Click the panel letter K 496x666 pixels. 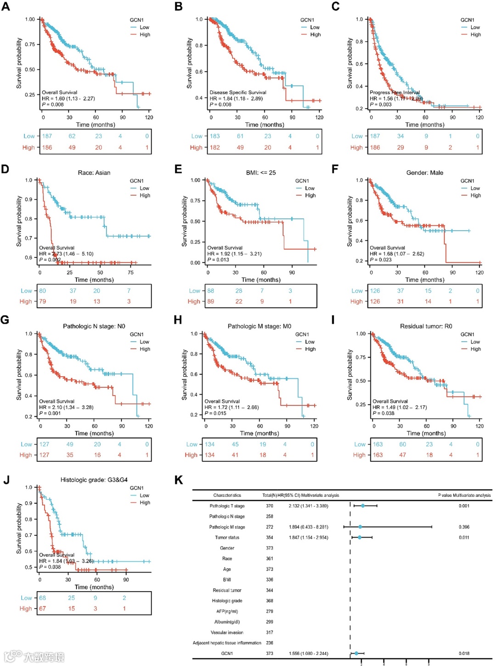[x=179, y=480]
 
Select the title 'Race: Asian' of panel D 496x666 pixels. [x=94, y=173]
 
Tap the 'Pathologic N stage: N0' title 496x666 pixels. [x=94, y=327]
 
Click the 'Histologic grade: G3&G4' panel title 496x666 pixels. [x=94, y=480]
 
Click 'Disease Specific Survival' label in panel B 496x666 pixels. [x=237, y=93]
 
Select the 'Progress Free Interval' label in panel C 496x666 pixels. [x=395, y=93]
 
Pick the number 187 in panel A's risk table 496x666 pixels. [x=47, y=136]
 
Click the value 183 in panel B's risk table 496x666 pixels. [x=214, y=136]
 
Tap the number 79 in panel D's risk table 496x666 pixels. [x=42, y=301]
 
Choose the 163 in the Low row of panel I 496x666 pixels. [x=378, y=444]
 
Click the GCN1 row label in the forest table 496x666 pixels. [x=227, y=654]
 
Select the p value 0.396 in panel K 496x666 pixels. [x=464, y=527]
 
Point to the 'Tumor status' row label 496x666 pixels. [x=227, y=538]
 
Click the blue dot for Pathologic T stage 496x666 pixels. [x=363, y=506]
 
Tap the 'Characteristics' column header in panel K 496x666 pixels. [x=227, y=495]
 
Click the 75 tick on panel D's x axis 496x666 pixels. [x=131, y=272]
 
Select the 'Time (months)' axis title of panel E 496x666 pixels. [x=261, y=280]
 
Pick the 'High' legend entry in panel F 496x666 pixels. [x=475, y=195]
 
